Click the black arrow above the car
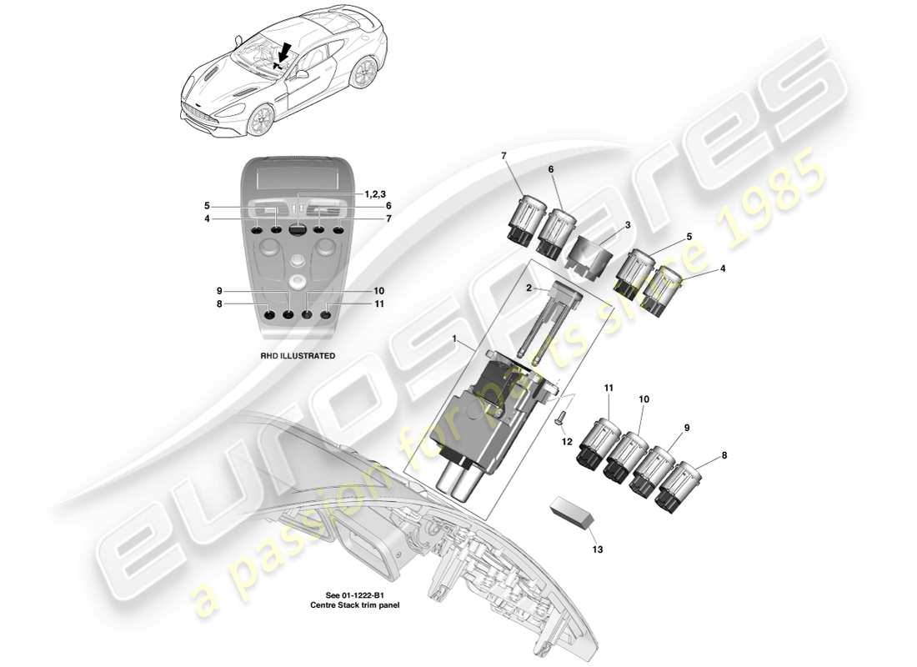284,53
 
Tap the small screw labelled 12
561,418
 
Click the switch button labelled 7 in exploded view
522,217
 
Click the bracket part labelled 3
593,250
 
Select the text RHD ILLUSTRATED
297,355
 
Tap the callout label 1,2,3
375,193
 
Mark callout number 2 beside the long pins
528,288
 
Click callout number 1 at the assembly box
454,339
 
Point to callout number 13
597,549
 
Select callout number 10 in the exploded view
644,399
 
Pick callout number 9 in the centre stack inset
218,291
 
